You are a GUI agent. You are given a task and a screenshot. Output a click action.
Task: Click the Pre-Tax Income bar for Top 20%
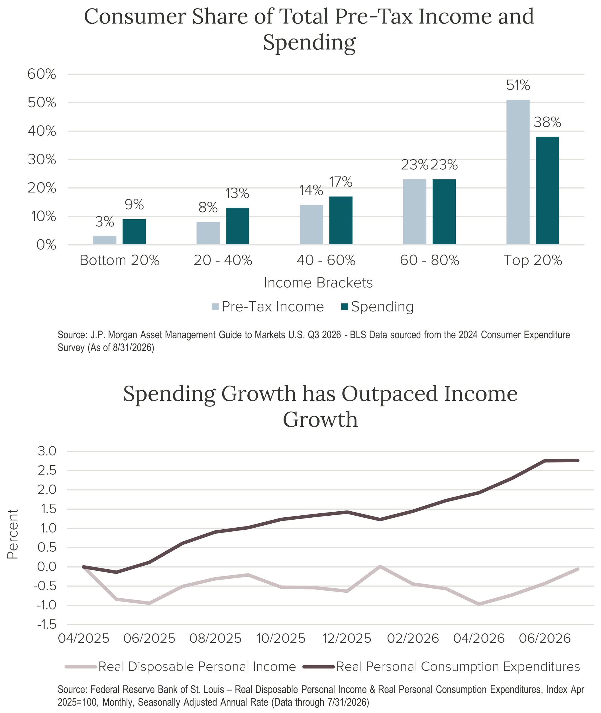click(x=518, y=172)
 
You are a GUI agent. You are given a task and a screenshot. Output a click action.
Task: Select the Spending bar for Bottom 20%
click(x=134, y=232)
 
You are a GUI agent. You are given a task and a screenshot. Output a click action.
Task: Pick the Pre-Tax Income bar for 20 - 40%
click(x=208, y=233)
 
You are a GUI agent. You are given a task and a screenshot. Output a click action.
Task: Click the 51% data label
click(x=518, y=85)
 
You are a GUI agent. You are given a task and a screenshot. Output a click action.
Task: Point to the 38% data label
click(x=547, y=122)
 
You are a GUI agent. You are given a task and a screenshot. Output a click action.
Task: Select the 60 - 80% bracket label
click(x=430, y=260)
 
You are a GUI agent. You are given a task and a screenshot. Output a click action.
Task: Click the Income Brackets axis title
click(x=318, y=283)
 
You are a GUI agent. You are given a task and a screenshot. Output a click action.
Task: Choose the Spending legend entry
click(x=378, y=307)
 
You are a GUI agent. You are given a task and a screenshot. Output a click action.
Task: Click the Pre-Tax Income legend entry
click(x=268, y=307)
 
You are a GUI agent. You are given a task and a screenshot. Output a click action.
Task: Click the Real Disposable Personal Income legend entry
click(x=181, y=666)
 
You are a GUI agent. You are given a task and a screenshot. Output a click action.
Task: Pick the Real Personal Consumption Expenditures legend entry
click(x=441, y=666)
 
